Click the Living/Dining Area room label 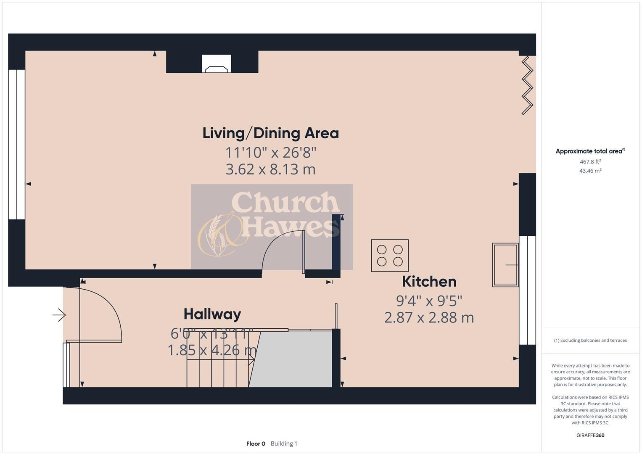270,133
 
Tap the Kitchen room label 429,281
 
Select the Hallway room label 212,314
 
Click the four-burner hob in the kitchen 390,256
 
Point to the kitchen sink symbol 505,265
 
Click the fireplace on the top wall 216,64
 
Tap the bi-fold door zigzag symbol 527,86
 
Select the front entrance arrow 59,314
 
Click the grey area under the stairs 294,359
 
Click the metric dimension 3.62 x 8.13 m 270,169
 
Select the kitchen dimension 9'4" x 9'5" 429,301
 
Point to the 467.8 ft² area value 590,161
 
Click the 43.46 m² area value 590,171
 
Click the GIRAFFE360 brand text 590,435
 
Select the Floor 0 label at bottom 256,443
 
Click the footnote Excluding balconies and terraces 590,340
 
